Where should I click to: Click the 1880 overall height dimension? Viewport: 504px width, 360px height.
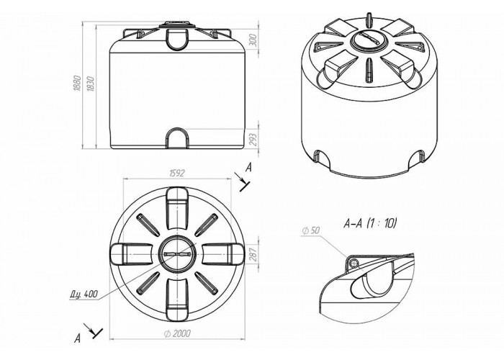[76, 84]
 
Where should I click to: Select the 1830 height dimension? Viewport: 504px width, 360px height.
[90, 84]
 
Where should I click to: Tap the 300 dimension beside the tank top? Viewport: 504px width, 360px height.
[254, 40]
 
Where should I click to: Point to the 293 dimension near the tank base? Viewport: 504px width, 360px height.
[254, 140]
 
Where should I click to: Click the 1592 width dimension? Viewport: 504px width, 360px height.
[177, 174]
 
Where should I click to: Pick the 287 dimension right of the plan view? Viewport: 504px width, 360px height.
[253, 254]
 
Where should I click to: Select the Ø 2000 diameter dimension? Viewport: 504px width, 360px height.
[177, 333]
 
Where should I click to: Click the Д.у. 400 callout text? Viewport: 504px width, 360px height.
[84, 294]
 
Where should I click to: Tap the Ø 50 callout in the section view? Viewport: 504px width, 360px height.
[311, 230]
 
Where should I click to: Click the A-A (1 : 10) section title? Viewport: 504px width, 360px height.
[370, 223]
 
